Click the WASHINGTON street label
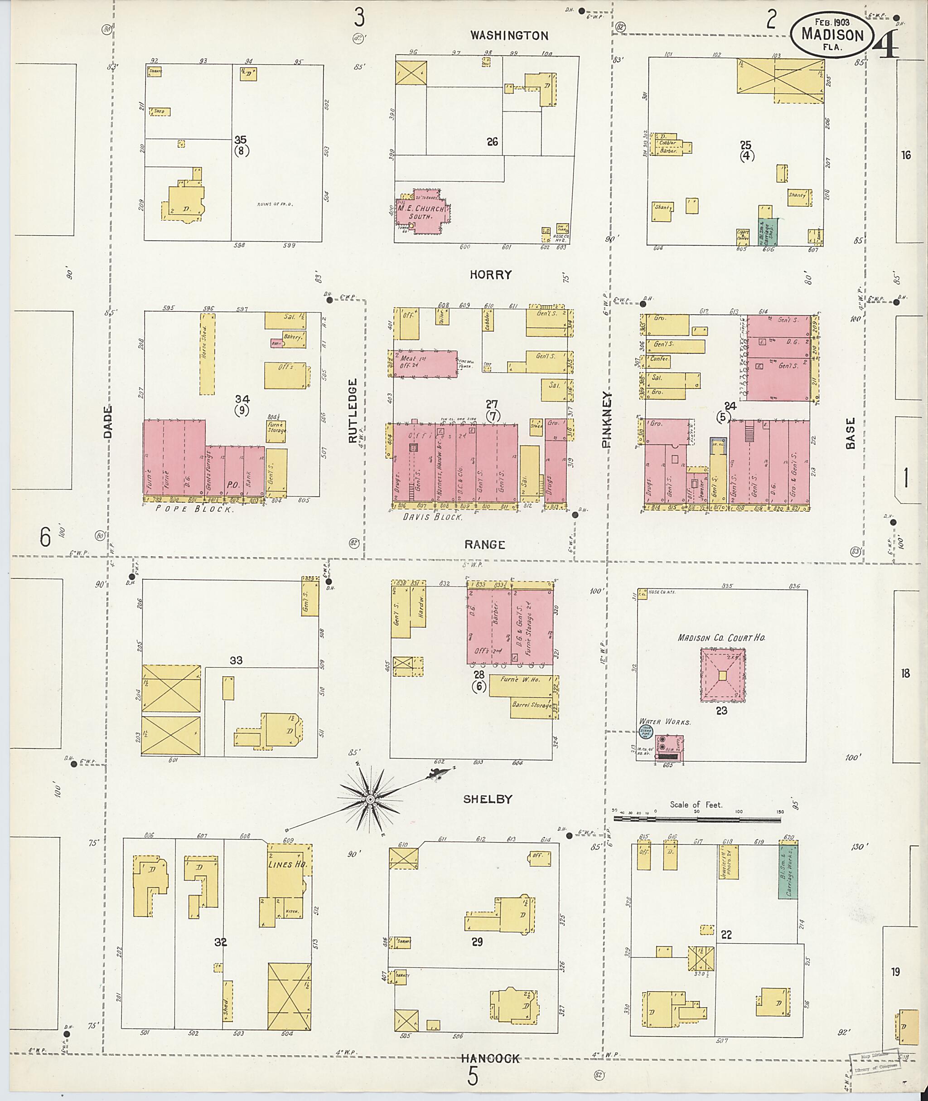pyautogui.click(x=509, y=36)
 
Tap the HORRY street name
pyautogui.click(x=490, y=275)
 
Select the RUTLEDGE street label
pyautogui.click(x=352, y=412)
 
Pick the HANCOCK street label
pyautogui.click(x=490, y=1058)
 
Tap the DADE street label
pyautogui.click(x=108, y=422)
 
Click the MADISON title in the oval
pyautogui.click(x=832, y=35)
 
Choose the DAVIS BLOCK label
pyautogui.click(x=432, y=517)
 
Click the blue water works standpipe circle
pyautogui.click(x=646, y=732)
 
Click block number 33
pyautogui.click(x=236, y=660)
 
